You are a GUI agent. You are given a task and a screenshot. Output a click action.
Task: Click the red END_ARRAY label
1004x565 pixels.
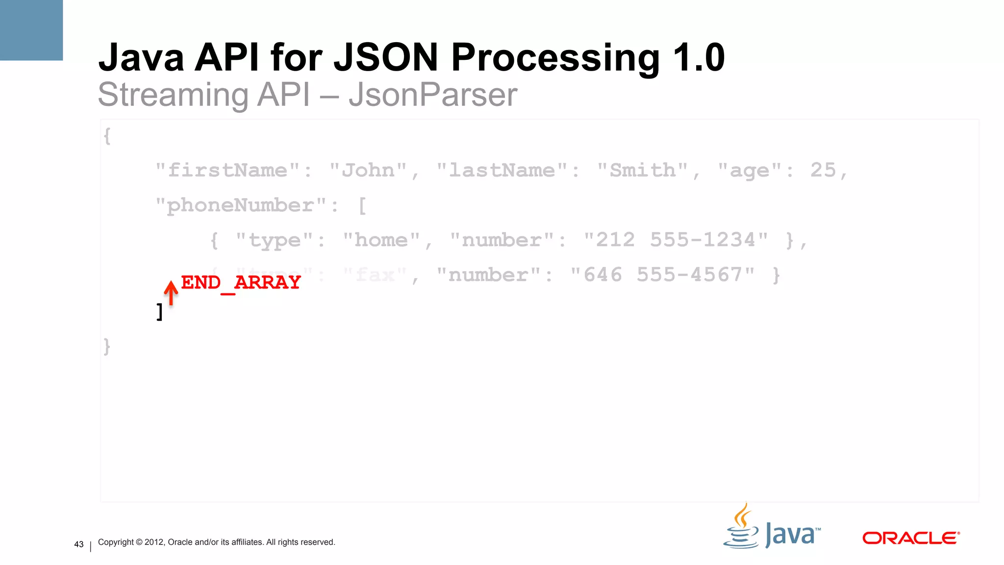pos(240,282)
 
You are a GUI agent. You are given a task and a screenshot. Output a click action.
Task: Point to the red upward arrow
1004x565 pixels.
pos(171,293)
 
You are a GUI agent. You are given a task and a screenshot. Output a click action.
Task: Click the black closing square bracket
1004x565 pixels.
pos(159,312)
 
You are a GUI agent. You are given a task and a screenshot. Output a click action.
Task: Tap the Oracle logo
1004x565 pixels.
pos(910,538)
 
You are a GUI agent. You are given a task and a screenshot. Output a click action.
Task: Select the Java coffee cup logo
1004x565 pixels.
pos(742,527)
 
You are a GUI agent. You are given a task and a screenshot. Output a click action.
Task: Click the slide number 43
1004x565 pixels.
pos(79,544)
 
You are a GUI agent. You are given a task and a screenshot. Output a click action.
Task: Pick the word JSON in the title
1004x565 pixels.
pos(385,57)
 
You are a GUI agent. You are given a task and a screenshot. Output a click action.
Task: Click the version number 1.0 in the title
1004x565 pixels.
pos(698,57)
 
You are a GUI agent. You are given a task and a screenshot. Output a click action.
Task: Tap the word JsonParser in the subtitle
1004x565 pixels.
pos(432,95)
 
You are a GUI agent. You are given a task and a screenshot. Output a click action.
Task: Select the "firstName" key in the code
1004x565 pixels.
pos(227,171)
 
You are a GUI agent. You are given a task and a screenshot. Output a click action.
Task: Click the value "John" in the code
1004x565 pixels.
pos(368,171)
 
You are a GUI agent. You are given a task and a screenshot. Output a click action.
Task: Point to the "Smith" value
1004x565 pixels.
pos(643,171)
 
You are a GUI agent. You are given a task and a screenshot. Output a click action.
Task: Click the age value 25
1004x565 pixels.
pos(823,170)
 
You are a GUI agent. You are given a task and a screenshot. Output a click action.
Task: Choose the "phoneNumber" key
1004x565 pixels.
pos(240,205)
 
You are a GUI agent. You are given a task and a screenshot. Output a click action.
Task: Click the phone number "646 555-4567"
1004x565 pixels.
pos(663,275)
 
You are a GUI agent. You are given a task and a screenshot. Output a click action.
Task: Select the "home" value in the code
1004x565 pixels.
pos(381,240)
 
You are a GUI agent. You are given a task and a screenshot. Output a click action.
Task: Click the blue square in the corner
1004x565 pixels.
pos(31,30)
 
